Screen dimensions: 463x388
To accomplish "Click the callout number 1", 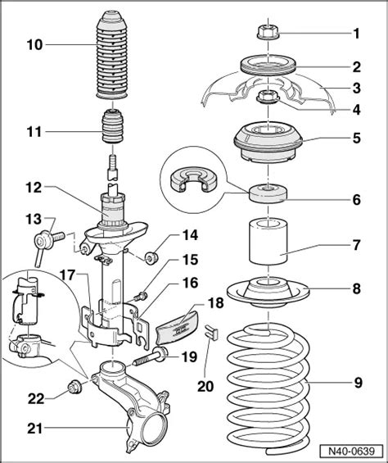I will click(355, 34).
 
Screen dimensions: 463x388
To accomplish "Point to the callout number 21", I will click(32, 426).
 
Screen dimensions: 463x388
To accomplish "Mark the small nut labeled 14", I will click(150, 259).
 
